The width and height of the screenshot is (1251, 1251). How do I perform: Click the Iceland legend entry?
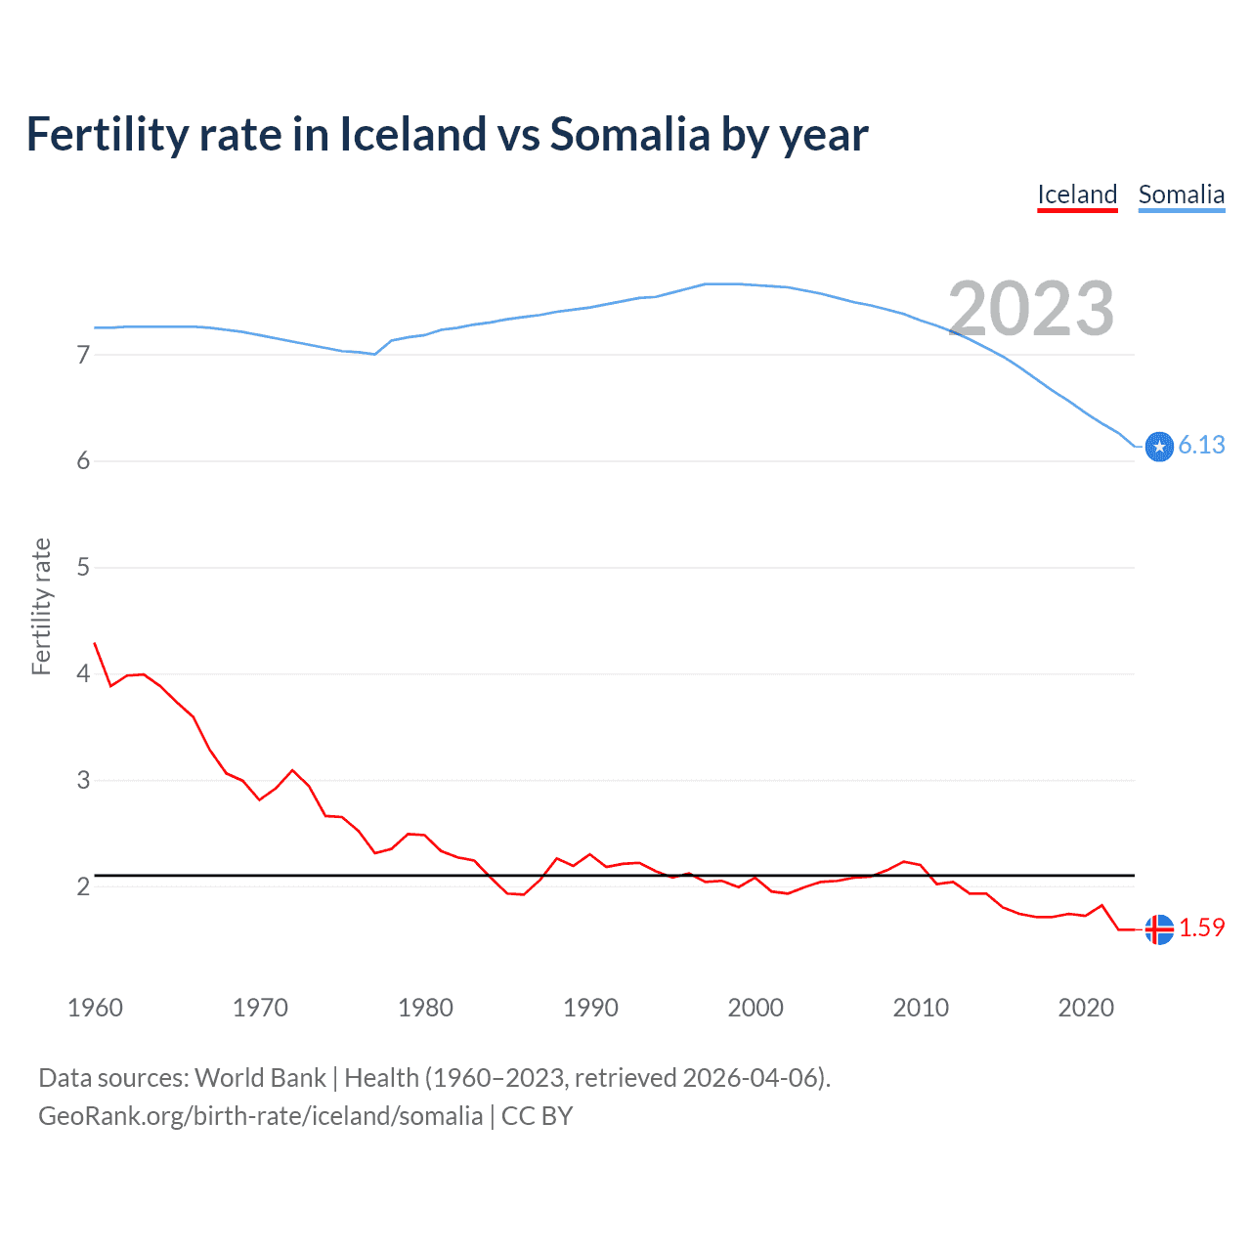click(1077, 194)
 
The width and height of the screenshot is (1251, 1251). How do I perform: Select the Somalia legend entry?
click(1181, 194)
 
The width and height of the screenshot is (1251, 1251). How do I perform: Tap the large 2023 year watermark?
click(1031, 309)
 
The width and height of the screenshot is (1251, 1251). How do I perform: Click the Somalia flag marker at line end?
click(1159, 447)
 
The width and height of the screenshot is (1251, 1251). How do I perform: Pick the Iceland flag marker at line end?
click(1159, 929)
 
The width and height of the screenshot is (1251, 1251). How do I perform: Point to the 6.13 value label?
click(1201, 446)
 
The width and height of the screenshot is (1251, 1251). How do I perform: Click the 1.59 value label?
click(1201, 928)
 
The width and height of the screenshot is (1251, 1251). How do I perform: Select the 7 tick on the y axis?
click(83, 355)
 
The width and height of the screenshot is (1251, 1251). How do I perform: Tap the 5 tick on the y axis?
click(83, 568)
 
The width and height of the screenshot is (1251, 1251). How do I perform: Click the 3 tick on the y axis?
click(83, 781)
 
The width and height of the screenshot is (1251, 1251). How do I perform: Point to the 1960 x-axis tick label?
click(95, 1008)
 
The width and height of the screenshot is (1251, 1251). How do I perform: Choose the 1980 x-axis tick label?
click(425, 1008)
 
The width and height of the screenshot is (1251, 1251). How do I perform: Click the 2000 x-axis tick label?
click(755, 1008)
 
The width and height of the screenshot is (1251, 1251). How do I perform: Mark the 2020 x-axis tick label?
click(1086, 1008)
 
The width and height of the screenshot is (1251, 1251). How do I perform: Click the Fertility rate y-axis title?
click(41, 606)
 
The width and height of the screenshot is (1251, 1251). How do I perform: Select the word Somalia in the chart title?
click(629, 135)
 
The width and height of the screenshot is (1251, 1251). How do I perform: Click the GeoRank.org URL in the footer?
click(260, 1116)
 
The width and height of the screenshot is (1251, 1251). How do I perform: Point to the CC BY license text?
click(537, 1116)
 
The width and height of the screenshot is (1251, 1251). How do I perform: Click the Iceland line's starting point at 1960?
click(95, 643)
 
